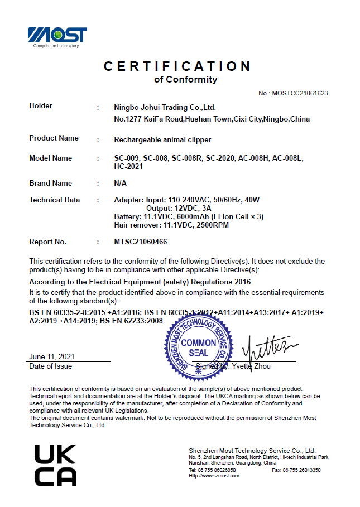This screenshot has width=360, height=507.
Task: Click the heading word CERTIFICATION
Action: pos(177,66)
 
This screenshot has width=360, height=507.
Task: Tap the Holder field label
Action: pos(41,106)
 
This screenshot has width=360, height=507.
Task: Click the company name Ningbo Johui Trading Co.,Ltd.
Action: pos(165,107)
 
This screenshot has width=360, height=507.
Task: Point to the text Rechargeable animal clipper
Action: pos(162,139)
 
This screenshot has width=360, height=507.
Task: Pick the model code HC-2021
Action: pos(128,166)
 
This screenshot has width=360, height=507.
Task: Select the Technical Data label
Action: pos(54,200)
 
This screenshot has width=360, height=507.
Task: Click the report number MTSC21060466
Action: pos(140,242)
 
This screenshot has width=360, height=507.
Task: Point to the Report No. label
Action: pos(47,242)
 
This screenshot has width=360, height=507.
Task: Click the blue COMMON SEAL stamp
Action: pos(198,347)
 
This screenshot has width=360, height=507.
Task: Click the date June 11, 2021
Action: pos(52,356)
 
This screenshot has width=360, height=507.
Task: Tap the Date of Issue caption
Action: pos(51,366)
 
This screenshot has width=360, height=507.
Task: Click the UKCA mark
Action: pos(55,465)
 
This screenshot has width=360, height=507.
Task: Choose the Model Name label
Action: pos(50,158)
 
